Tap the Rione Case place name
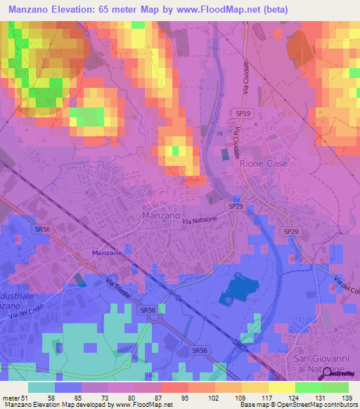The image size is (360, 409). click(x=264, y=163)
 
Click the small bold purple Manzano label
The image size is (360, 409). click(x=107, y=252)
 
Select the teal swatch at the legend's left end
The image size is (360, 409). click(x=41, y=387)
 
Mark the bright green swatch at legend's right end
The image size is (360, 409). click(x=335, y=387)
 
